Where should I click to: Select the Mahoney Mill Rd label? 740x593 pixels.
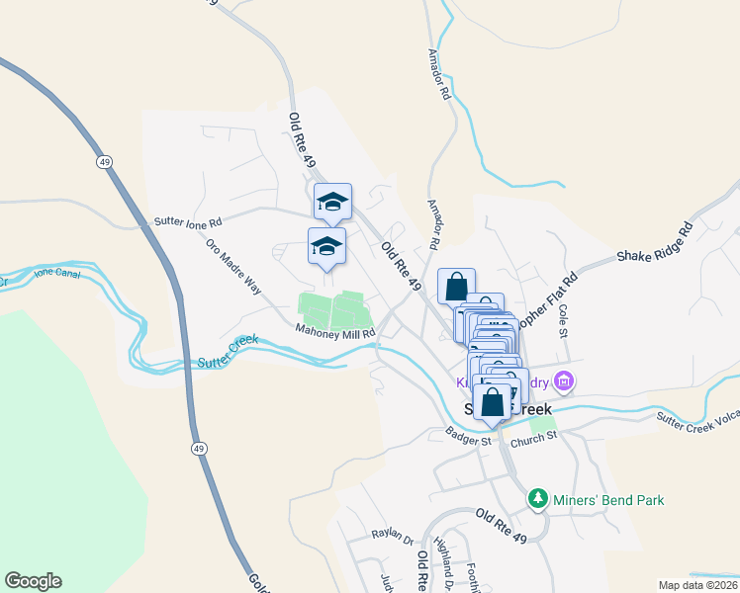click(x=336, y=334)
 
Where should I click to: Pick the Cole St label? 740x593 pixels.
click(x=564, y=319)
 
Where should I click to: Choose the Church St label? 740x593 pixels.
click(x=536, y=436)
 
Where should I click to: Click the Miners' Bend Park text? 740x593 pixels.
click(x=609, y=500)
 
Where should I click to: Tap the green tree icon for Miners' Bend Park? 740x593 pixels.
click(x=538, y=499)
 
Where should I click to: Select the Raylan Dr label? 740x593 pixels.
click(x=392, y=535)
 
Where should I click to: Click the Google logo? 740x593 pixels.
click(x=33, y=581)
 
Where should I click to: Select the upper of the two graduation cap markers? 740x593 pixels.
click(x=332, y=202)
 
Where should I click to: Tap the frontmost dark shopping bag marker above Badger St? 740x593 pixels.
click(x=493, y=402)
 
